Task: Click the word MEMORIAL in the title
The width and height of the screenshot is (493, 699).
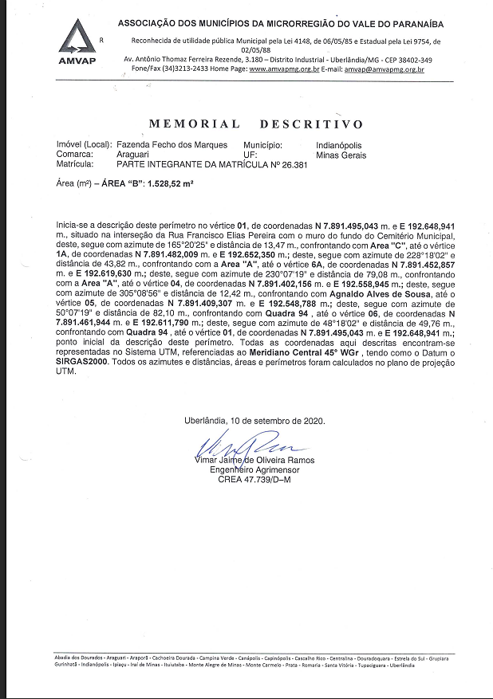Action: tap(194, 124)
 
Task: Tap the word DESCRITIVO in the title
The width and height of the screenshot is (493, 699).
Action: tap(311, 124)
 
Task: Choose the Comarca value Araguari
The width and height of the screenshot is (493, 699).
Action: tap(136, 155)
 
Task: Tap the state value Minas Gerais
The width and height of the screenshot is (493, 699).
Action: tap(341, 155)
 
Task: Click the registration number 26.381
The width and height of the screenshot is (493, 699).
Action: tap(291, 164)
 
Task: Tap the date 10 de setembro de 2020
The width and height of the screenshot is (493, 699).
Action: tap(282, 420)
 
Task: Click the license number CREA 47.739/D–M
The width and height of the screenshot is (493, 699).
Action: tap(254, 480)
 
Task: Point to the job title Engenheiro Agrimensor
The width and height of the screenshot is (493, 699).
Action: tap(254, 470)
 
